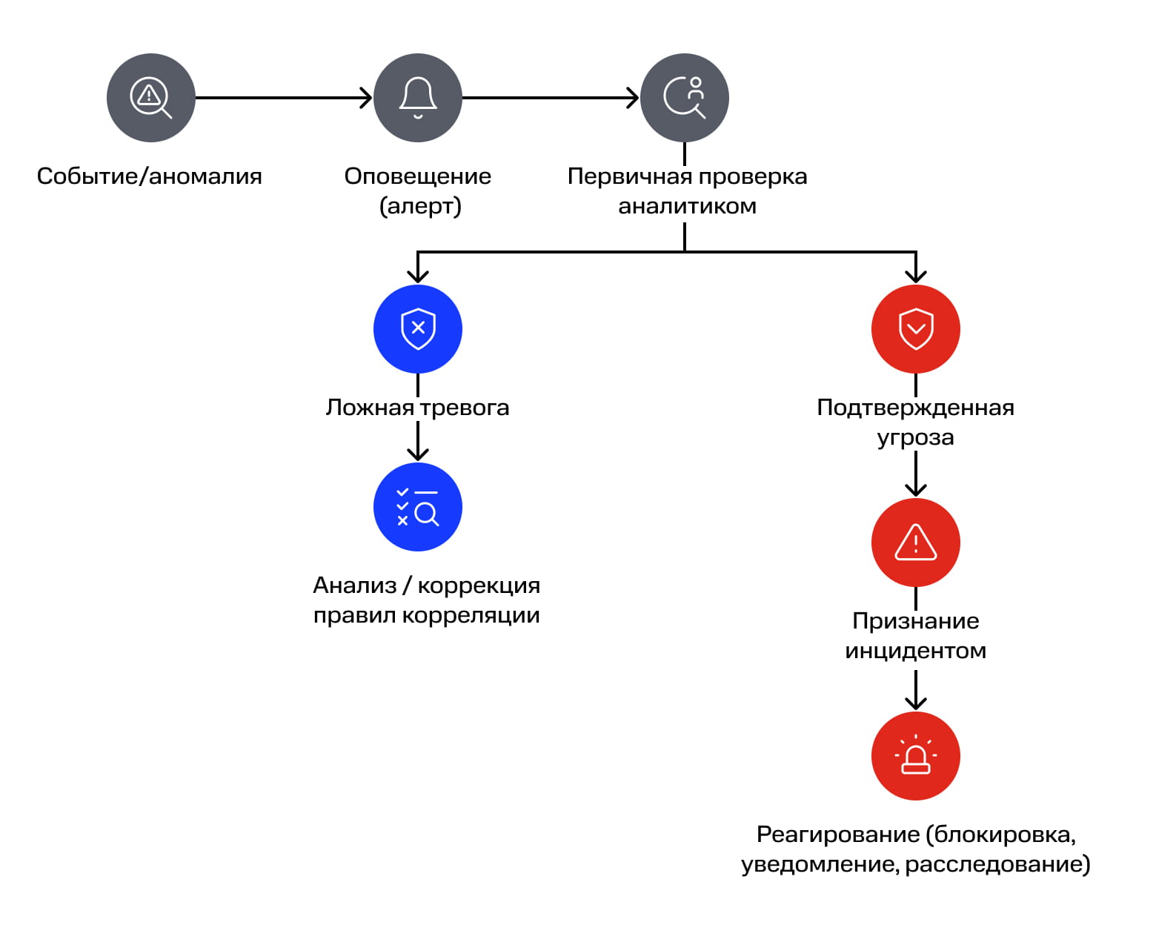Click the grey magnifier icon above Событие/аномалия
coord(151,98)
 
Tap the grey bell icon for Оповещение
coord(418,98)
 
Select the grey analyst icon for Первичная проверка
coord(685,98)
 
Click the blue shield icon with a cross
coord(418,329)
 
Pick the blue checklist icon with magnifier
coord(418,507)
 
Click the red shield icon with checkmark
coord(916,329)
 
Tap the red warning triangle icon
coord(916,543)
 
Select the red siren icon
coord(916,756)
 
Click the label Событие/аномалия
coord(150,176)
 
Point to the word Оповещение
coord(418,176)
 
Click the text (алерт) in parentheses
coord(420,206)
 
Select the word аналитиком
coord(687,206)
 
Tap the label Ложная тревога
coord(418,408)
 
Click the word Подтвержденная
coord(916,408)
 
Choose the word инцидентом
coord(916,651)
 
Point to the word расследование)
coord(997,864)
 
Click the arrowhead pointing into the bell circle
coord(366,98)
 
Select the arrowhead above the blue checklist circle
coord(418,454)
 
